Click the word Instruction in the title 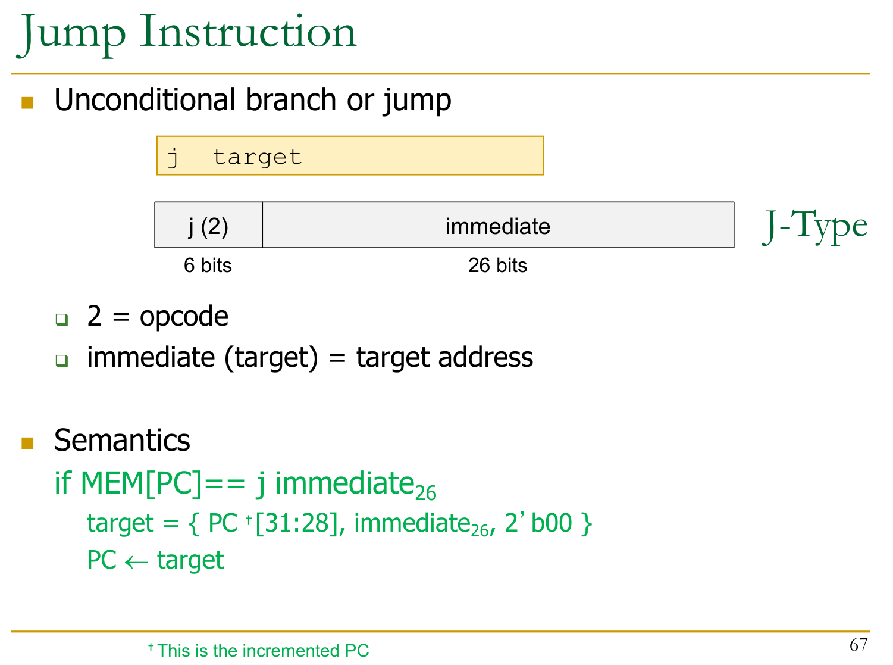click(248, 32)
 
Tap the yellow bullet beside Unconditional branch click(27, 102)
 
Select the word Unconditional click(145, 99)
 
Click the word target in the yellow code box click(257, 157)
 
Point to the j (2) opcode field click(208, 225)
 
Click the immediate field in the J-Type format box click(497, 225)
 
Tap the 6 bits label click(208, 265)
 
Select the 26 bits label click(497, 265)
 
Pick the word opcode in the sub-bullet click(184, 317)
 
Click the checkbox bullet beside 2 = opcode click(62, 319)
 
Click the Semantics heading click(122, 440)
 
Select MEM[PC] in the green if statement click(141, 483)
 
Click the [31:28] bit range click(297, 523)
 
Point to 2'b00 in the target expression click(538, 523)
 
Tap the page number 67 click(858, 645)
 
